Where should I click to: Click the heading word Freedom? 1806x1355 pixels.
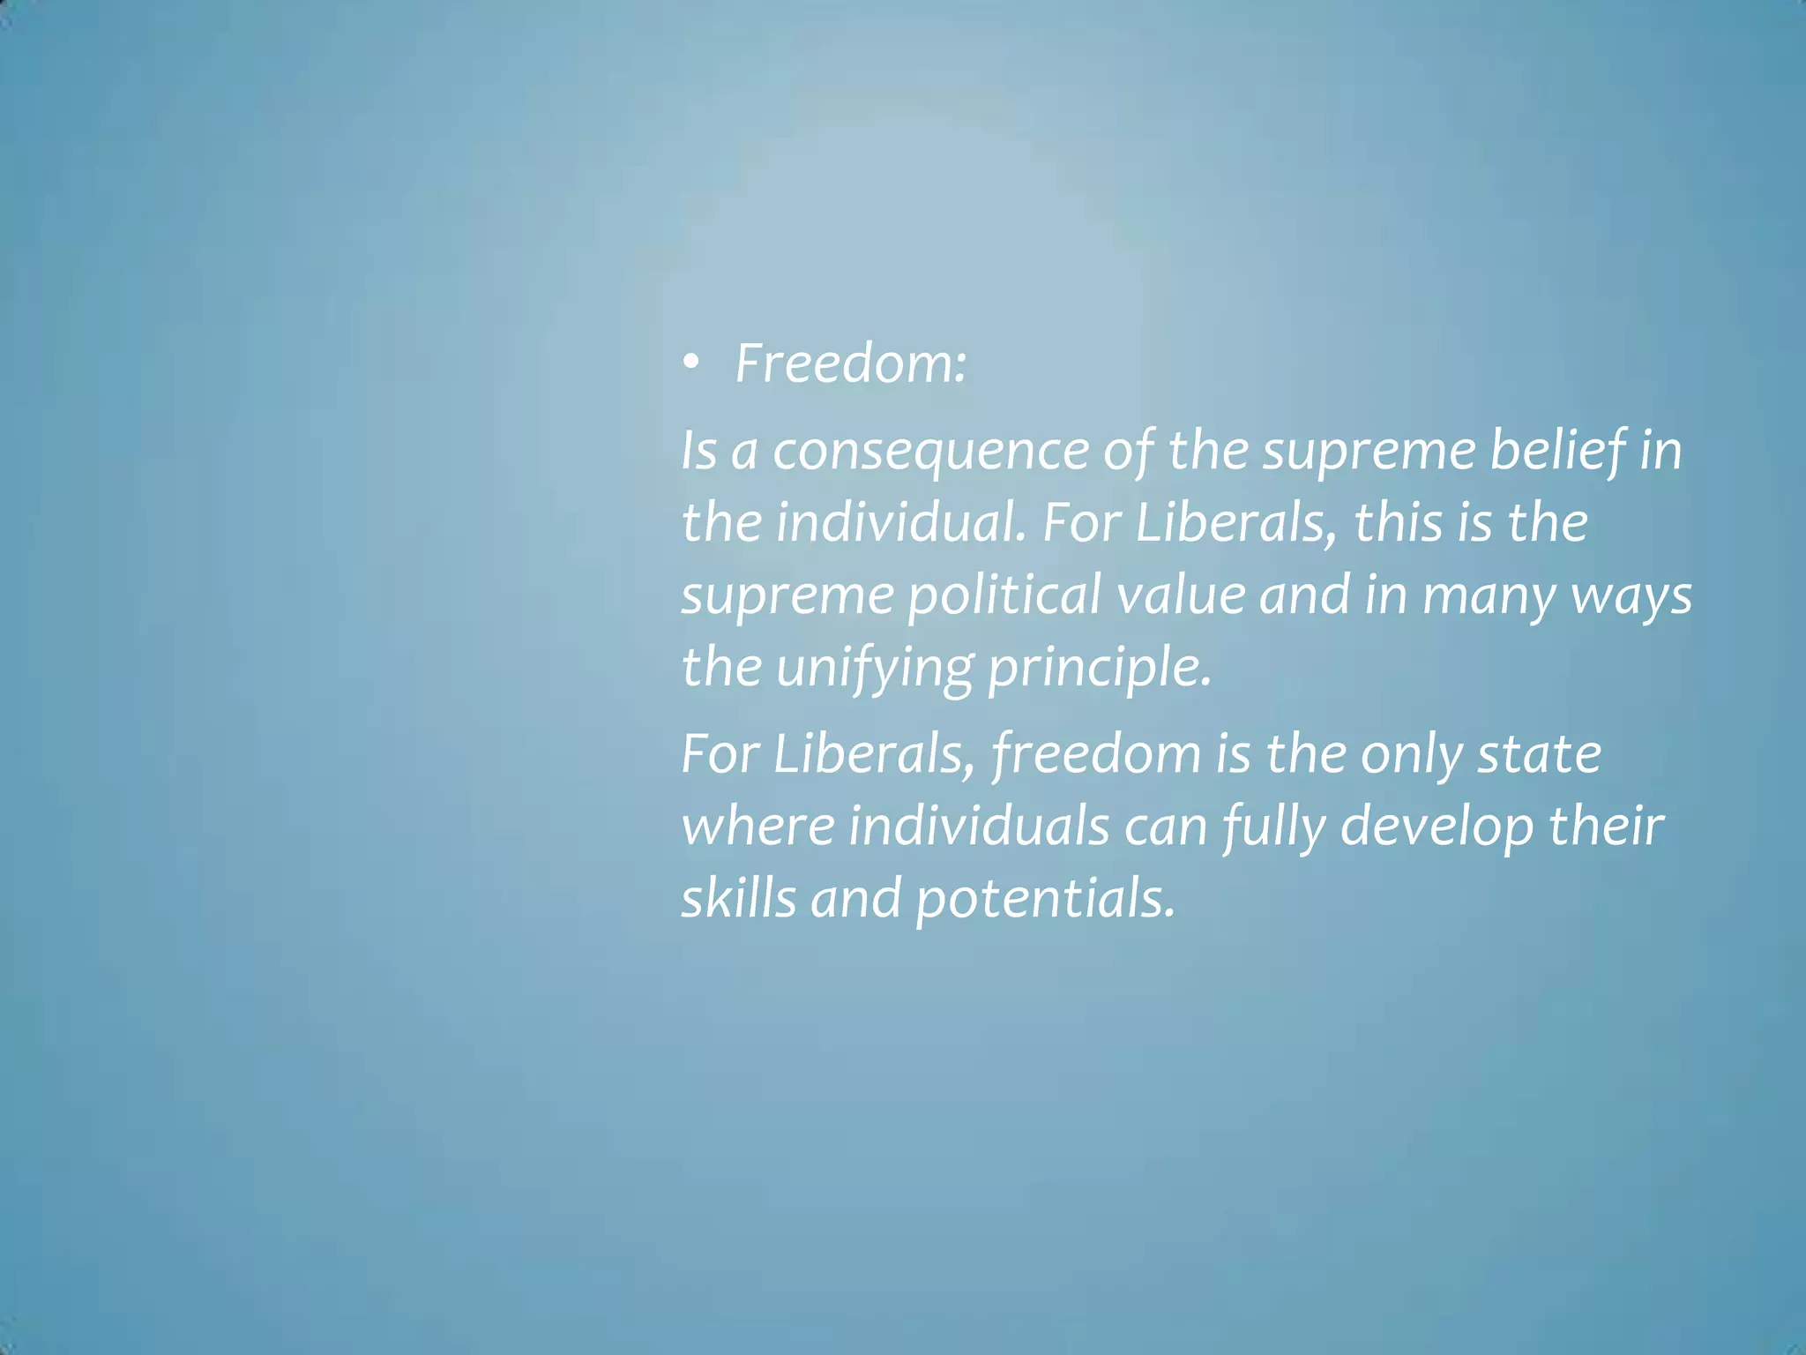tap(850, 363)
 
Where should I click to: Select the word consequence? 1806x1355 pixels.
tap(931, 451)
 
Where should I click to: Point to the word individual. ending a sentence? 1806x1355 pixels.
tap(901, 522)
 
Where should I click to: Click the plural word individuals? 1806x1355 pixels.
tap(979, 827)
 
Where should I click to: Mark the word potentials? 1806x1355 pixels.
tap(1046, 900)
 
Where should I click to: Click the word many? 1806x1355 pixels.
tap(1488, 595)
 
